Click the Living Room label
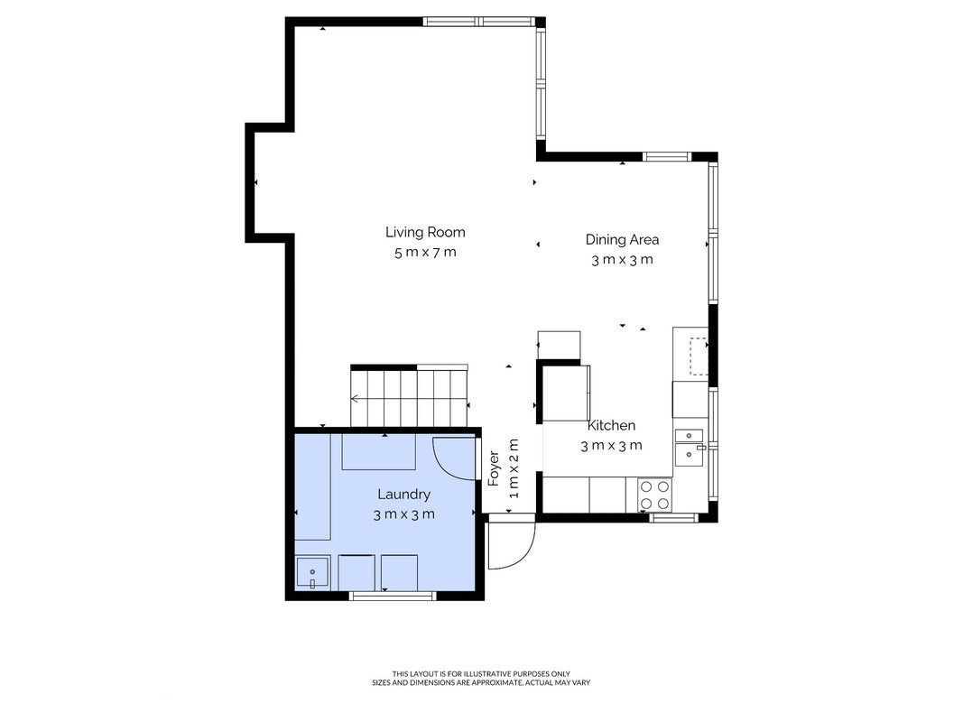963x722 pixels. pyautogui.click(x=425, y=232)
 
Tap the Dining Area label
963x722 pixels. pyautogui.click(x=622, y=239)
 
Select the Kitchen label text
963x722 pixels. pyautogui.click(x=611, y=425)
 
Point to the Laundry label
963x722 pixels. pyautogui.click(x=403, y=495)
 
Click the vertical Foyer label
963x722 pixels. pyautogui.click(x=494, y=468)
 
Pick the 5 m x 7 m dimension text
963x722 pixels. pyautogui.click(x=425, y=252)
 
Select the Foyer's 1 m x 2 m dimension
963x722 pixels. pyautogui.click(x=514, y=468)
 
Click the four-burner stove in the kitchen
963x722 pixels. pyautogui.click(x=654, y=495)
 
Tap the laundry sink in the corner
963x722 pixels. pyautogui.click(x=312, y=573)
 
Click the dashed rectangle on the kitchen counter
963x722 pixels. pyautogui.click(x=699, y=356)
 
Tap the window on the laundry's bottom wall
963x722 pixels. pyautogui.click(x=394, y=595)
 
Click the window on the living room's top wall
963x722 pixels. pyautogui.click(x=478, y=22)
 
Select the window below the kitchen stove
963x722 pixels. pyautogui.click(x=673, y=518)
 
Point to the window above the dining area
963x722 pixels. pyautogui.click(x=667, y=156)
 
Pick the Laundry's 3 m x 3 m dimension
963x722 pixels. pyautogui.click(x=403, y=514)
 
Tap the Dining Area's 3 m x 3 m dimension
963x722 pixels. pyautogui.click(x=622, y=260)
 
